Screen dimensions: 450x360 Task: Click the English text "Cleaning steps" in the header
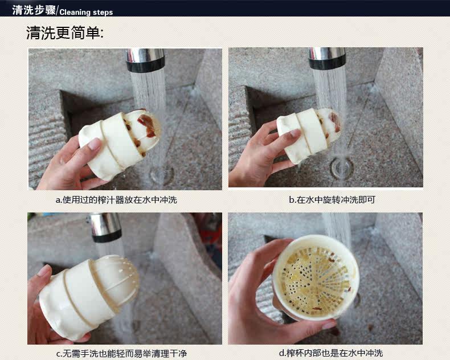tap(86, 13)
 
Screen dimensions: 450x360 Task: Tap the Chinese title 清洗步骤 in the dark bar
tap(34, 10)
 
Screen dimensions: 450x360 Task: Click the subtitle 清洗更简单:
tap(65, 32)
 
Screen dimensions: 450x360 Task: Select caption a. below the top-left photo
tap(116, 199)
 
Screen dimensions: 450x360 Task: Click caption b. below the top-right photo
tap(332, 199)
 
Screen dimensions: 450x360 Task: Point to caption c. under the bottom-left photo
tap(122, 353)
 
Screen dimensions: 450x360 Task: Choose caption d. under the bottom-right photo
tap(331, 353)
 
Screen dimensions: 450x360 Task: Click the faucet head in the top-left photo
tap(145, 60)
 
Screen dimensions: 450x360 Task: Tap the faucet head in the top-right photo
tap(327, 58)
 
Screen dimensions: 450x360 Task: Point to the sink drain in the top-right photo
tap(342, 167)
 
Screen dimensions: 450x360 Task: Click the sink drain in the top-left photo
tap(162, 175)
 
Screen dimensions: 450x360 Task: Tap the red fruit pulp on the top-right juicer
tap(335, 121)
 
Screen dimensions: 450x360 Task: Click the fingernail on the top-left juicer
tap(95, 144)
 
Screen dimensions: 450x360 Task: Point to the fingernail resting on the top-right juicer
tap(295, 133)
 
